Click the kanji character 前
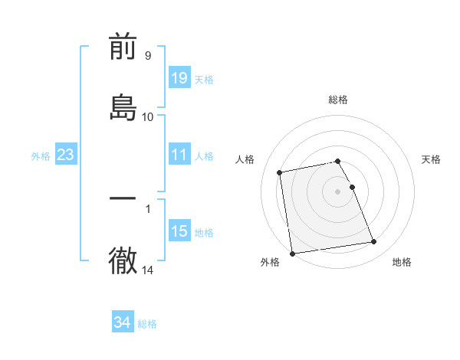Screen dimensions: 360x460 pos(123,48)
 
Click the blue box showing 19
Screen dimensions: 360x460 pos(179,77)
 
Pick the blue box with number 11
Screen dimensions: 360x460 pos(179,155)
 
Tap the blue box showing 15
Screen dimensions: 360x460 pos(179,232)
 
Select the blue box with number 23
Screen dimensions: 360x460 pos(66,155)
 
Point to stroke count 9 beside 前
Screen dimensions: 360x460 pos(147,56)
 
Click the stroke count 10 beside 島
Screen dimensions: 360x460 pos(147,117)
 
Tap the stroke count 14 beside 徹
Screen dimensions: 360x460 pos(147,270)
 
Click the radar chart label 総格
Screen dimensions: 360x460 pos(338,100)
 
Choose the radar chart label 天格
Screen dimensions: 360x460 pos(431,159)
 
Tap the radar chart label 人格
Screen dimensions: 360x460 pos(245,159)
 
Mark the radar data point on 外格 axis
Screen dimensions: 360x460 pos(292,254)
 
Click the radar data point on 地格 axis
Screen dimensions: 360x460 pos(373,242)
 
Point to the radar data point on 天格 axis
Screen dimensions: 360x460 pos(352,187)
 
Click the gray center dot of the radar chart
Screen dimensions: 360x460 pos(338,191)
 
